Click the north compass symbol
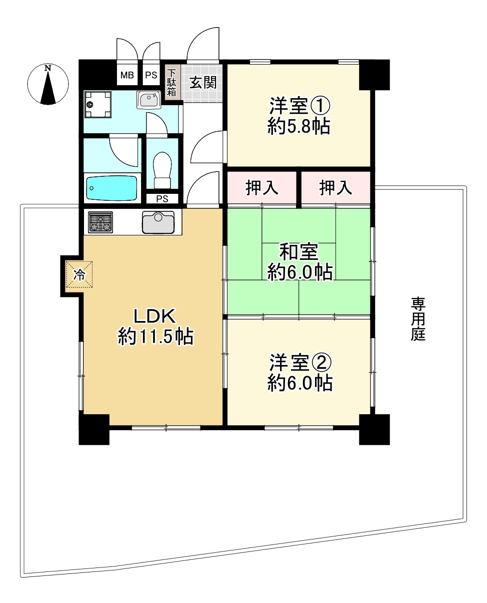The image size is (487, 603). [48, 85]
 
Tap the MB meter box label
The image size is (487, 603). [126, 76]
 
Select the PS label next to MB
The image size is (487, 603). [151, 76]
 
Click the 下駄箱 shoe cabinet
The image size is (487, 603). [171, 82]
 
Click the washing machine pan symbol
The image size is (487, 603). [98, 105]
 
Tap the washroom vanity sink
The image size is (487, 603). [148, 100]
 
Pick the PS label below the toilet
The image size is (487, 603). [161, 198]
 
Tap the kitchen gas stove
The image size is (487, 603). [100, 222]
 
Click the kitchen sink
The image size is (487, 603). [158, 222]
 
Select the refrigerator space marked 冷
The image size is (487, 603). [79, 274]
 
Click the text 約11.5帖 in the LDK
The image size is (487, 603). [155, 337]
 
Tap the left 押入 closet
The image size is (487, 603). [262, 188]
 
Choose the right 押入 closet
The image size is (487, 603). [335, 188]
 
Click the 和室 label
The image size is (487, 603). [299, 251]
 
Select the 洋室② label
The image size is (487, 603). [299, 361]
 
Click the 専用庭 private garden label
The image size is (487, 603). [418, 319]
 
